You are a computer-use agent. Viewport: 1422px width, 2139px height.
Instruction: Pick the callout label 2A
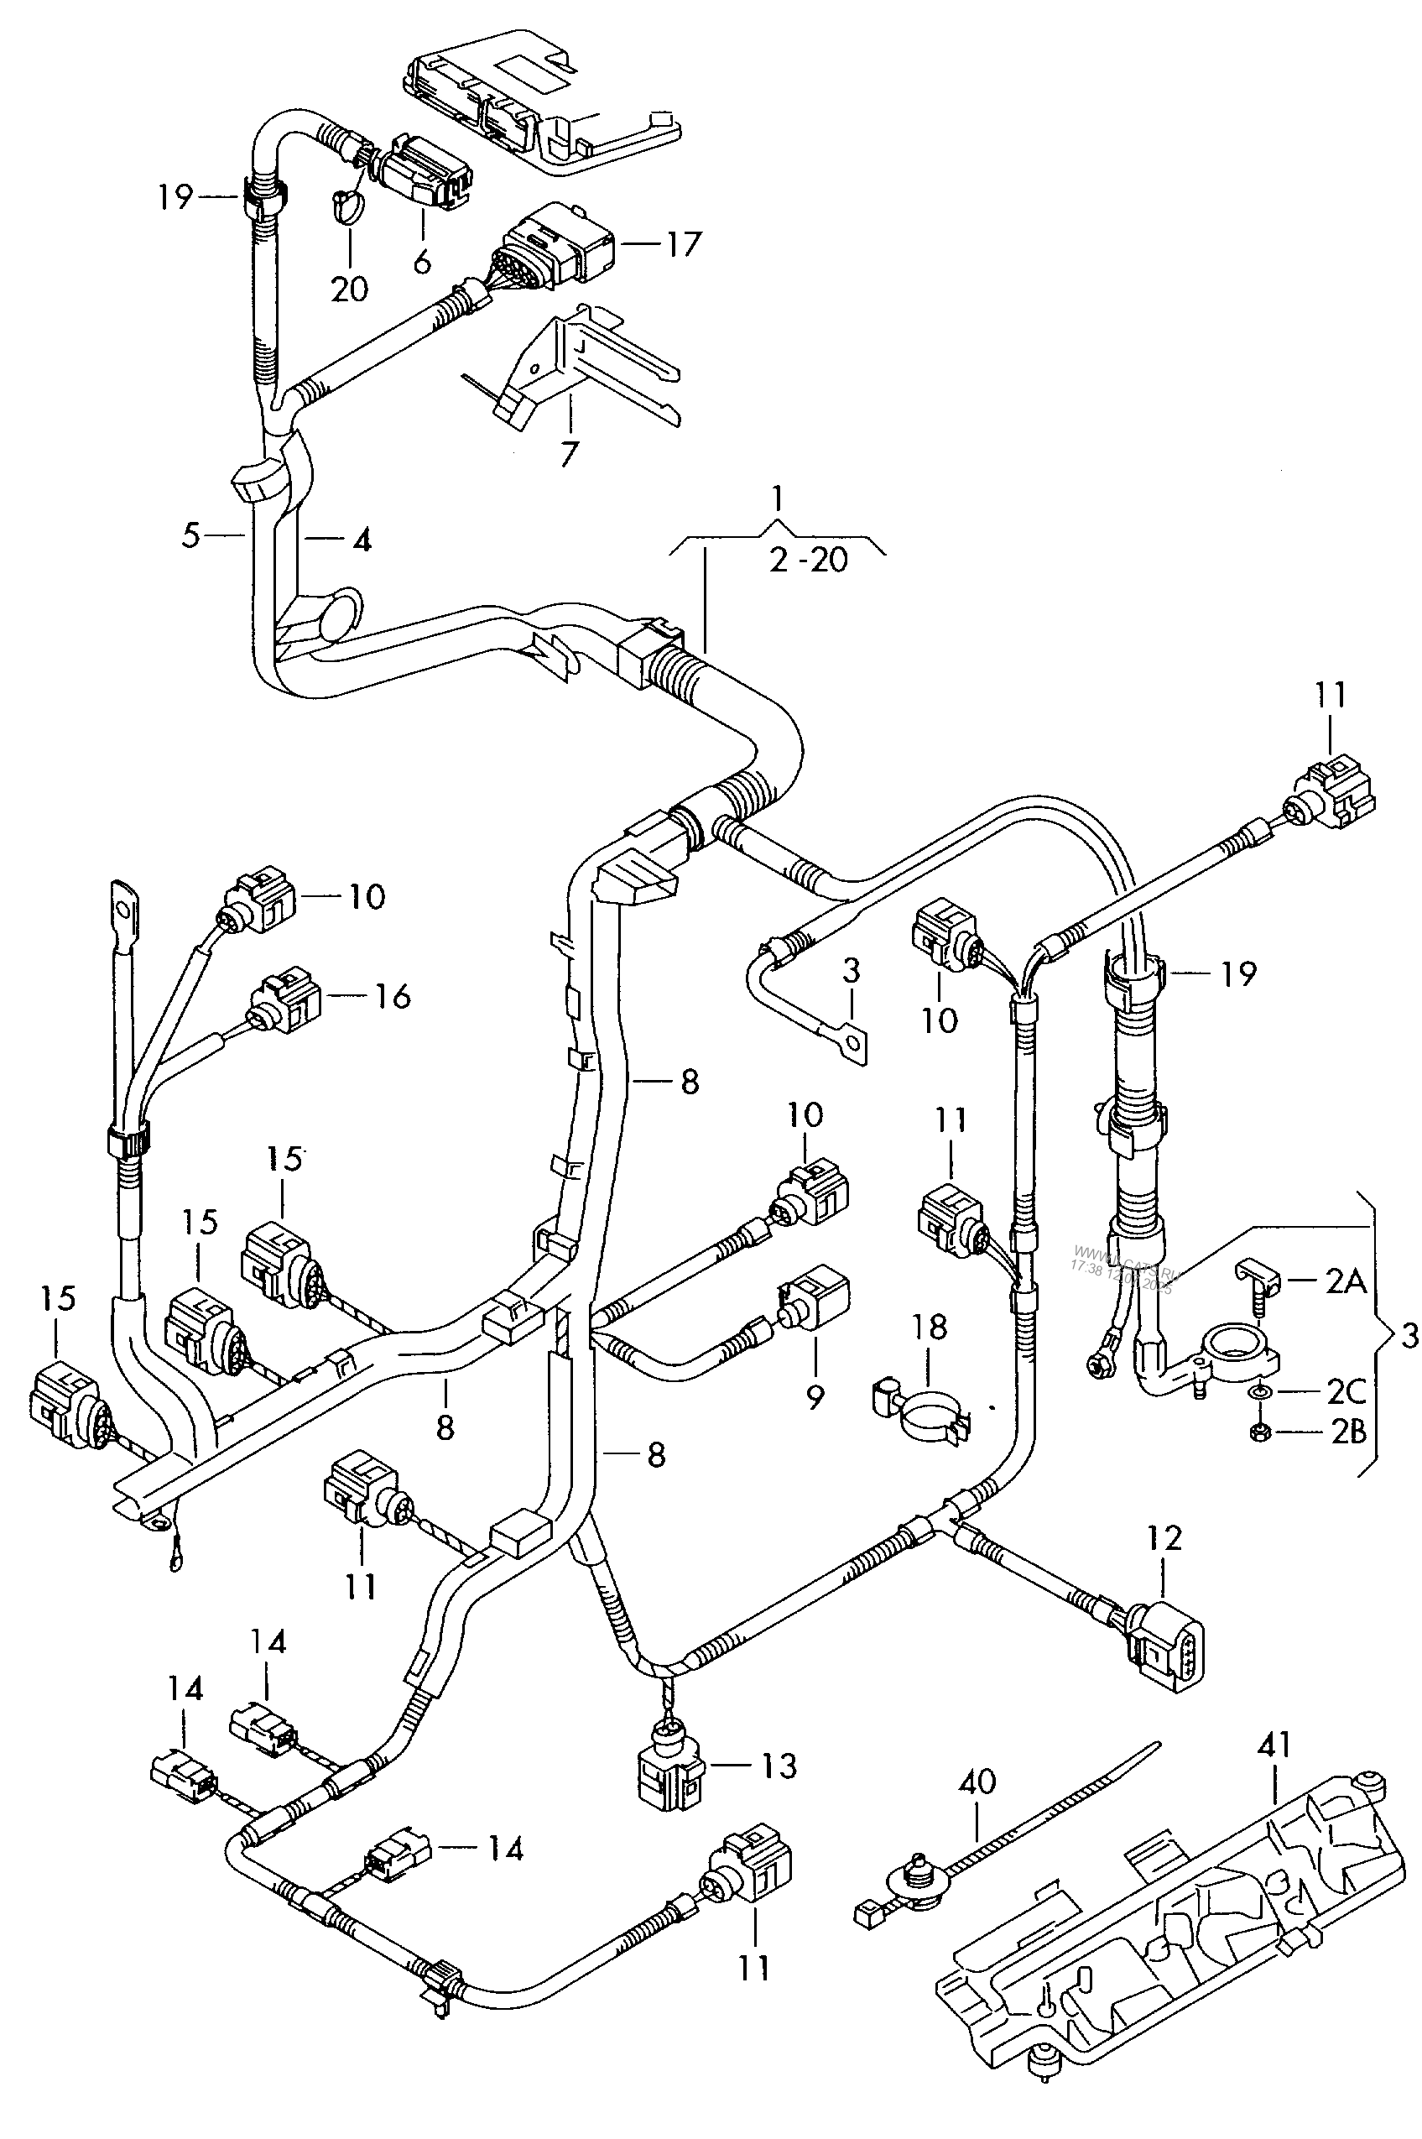pyautogui.click(x=1346, y=1281)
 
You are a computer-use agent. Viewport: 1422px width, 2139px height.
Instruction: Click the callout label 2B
pyautogui.click(x=1346, y=1432)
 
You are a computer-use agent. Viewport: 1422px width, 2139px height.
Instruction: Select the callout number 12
pyautogui.click(x=1164, y=1538)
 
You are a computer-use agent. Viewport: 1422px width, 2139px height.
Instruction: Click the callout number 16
pyautogui.click(x=393, y=996)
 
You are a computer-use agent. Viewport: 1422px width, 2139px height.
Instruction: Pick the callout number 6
pyautogui.click(x=422, y=262)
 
